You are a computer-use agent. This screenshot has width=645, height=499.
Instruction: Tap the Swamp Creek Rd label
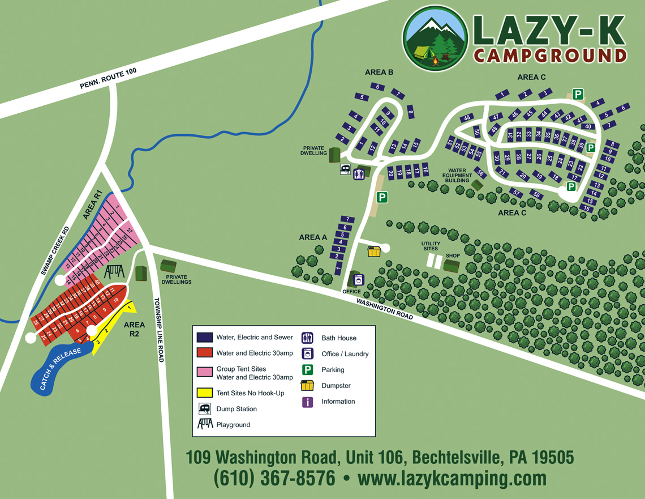pos(55,251)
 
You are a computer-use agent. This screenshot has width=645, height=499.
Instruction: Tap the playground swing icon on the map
pos(113,272)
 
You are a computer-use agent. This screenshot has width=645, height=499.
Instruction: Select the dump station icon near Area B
pos(345,169)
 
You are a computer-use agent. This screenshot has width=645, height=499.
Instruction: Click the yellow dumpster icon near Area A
pos(373,251)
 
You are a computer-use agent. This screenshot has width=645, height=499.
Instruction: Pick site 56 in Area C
pos(480,173)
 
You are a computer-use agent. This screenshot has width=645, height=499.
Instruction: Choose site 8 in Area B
pos(411,112)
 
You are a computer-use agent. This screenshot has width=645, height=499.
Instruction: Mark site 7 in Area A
pos(346,220)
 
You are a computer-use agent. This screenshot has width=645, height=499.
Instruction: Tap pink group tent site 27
pos(129,231)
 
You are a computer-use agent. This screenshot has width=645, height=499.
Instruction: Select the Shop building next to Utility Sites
pos(451,266)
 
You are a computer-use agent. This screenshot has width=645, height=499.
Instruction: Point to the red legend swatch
pos(204,353)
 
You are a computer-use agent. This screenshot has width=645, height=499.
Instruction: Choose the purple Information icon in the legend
pos(308,402)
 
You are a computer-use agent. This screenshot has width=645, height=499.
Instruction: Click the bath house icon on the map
pos(359,174)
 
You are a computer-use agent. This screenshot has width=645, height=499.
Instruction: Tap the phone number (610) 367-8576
pos(274,478)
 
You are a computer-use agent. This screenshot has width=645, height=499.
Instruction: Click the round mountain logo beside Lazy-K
pos(436,39)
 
